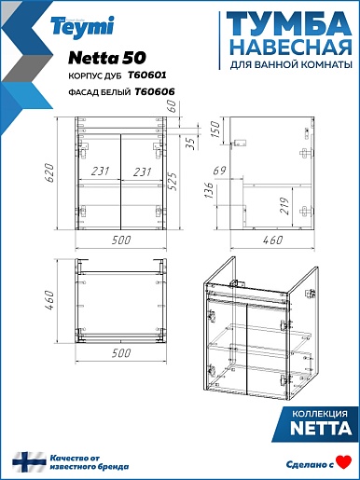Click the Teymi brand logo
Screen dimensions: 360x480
[x=83, y=27]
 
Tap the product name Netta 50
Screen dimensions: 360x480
[x=107, y=58]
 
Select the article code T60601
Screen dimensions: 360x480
[x=147, y=75]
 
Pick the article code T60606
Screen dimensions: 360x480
[x=155, y=91]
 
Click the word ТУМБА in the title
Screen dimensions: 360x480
[x=289, y=25]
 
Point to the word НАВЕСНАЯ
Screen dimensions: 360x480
[x=292, y=48]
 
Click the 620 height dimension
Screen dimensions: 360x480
[x=50, y=172]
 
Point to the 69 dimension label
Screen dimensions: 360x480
[x=220, y=171]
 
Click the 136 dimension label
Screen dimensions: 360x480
[x=210, y=190]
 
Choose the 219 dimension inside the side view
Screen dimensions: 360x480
[x=284, y=205]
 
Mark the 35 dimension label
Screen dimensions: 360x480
[x=192, y=144]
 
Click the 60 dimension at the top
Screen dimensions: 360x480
[x=172, y=106]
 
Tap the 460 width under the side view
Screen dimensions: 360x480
[x=272, y=240]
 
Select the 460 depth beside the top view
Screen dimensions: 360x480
[x=50, y=301]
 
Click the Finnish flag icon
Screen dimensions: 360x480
[x=29, y=462]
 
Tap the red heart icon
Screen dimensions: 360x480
[x=344, y=462]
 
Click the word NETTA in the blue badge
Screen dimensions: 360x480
[x=321, y=429]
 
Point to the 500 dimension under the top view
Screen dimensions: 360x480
[x=121, y=353]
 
